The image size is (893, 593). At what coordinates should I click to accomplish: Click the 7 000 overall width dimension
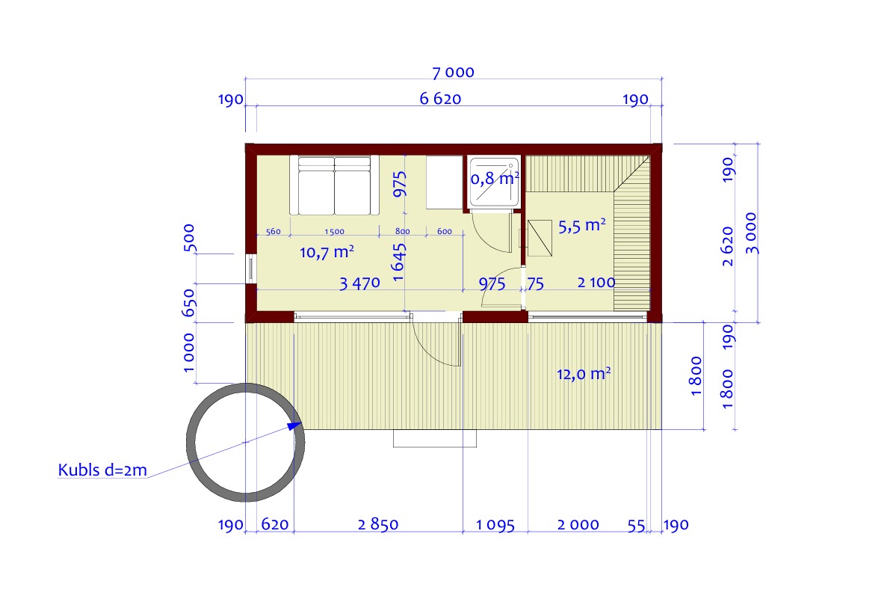point(453,73)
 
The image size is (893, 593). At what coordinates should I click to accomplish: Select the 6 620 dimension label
point(440,99)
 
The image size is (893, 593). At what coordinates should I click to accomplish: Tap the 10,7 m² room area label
point(327,252)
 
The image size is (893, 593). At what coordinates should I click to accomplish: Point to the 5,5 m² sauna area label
point(581,226)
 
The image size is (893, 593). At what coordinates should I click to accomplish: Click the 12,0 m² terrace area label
point(584,374)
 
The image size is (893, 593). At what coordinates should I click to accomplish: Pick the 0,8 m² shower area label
point(495,178)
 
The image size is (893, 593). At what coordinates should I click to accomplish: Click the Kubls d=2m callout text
point(102,470)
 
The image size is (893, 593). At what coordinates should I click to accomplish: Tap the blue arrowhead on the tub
point(294,425)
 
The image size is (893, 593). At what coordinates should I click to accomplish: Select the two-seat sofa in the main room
point(334,185)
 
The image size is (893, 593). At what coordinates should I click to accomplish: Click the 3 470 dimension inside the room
point(359,283)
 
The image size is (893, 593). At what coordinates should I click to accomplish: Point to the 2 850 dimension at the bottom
point(377,524)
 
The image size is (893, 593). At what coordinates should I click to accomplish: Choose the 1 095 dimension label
point(495,525)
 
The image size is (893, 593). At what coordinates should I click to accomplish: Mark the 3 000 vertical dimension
point(751,233)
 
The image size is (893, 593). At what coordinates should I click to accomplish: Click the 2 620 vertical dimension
point(727,246)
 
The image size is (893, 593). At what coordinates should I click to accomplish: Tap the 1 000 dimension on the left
point(188,353)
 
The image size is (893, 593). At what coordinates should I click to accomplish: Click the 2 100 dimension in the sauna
point(596,282)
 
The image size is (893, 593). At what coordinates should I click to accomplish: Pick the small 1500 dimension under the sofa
point(334,231)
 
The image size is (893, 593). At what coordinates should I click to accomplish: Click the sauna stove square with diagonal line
point(540,238)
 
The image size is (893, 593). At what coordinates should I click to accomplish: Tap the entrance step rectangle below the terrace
point(434,438)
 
